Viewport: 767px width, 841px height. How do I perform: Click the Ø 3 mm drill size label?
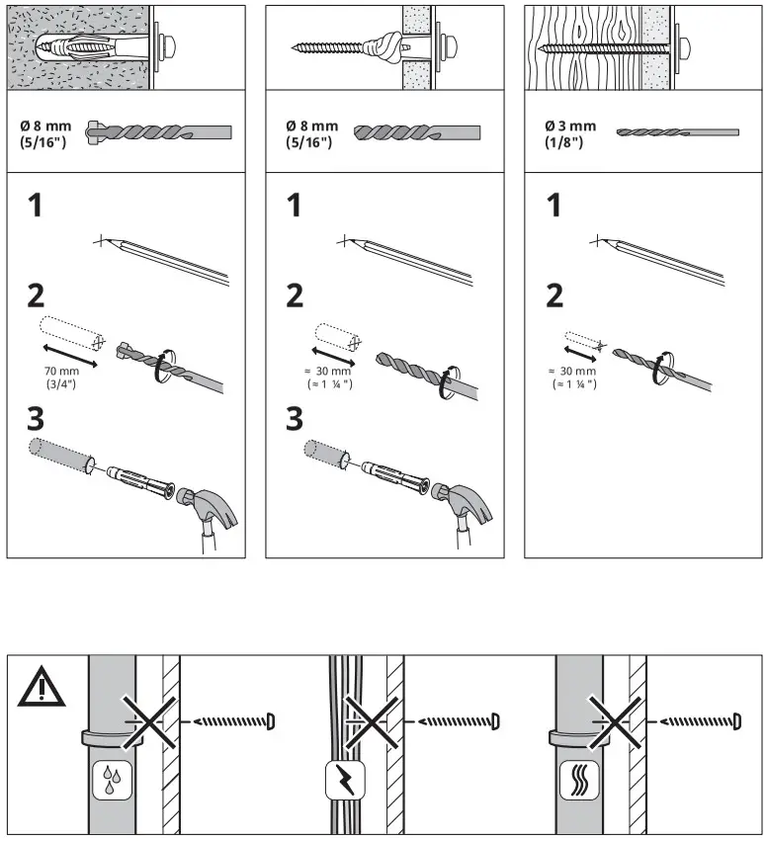(x=570, y=126)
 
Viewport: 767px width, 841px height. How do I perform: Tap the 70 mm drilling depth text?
(x=61, y=372)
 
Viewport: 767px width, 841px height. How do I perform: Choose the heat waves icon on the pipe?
(x=574, y=780)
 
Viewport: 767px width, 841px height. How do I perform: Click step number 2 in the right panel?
(x=555, y=294)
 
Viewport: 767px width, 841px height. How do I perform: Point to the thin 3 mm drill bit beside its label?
(x=677, y=131)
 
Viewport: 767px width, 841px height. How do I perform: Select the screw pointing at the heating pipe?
(x=703, y=719)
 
